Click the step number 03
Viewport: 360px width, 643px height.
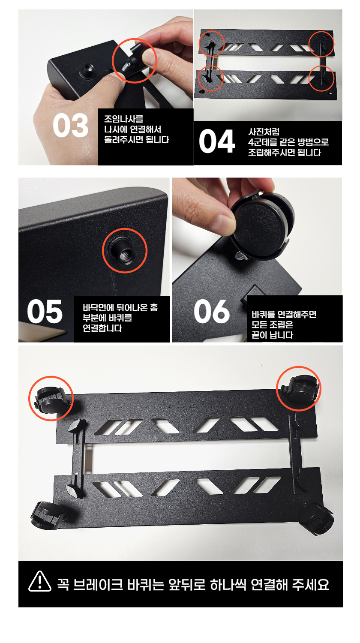(70, 126)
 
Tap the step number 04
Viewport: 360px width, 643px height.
(217, 141)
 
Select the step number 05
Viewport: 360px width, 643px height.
(45, 312)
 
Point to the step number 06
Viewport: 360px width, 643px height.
(212, 311)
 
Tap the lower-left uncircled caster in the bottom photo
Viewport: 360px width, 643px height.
(47, 516)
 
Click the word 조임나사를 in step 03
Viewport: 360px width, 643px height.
(124, 119)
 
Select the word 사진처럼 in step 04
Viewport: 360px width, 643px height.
(264, 132)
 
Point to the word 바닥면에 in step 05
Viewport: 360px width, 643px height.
(99, 308)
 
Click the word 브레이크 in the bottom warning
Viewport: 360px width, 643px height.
(98, 585)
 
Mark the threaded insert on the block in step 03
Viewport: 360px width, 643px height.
(87, 71)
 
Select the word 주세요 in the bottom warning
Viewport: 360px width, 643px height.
(311, 585)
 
